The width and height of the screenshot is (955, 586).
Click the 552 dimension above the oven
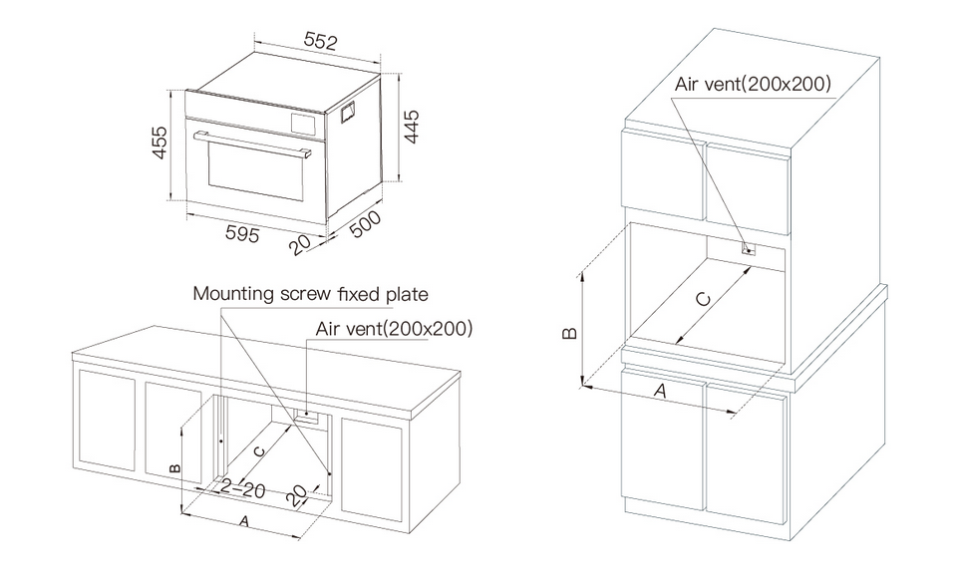(319, 42)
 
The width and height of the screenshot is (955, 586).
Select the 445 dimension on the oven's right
(411, 128)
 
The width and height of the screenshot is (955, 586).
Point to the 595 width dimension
(242, 234)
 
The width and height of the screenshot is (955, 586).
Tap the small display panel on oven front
(301, 124)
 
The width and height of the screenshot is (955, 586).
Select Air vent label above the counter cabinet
(394, 328)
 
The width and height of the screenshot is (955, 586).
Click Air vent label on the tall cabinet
(753, 84)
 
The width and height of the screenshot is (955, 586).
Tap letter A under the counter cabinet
(242, 521)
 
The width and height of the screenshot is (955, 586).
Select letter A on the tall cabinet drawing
(659, 392)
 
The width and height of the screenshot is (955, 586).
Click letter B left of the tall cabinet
(568, 333)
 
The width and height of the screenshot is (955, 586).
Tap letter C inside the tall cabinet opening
(703, 298)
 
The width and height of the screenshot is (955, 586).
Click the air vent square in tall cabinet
(748, 250)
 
